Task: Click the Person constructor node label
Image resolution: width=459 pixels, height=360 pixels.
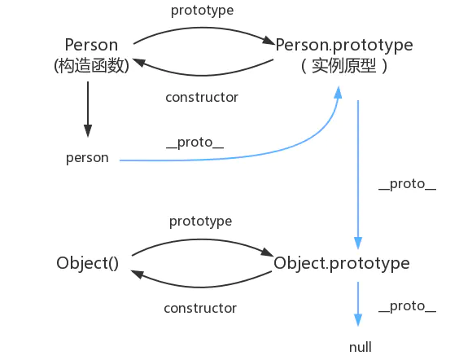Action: (91, 44)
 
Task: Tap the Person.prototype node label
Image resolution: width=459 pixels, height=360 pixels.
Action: (344, 44)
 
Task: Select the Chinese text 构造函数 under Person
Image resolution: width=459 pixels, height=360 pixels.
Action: (91, 66)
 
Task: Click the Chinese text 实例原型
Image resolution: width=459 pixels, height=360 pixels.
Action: (343, 66)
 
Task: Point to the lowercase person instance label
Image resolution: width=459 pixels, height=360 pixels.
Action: (87, 158)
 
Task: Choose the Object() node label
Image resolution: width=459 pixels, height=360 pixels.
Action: (88, 263)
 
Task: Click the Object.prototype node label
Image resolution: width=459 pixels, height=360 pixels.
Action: (342, 263)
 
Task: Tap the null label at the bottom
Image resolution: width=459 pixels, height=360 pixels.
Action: (361, 347)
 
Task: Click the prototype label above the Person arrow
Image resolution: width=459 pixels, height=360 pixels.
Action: (201, 11)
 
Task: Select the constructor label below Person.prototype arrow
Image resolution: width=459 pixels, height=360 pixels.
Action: (202, 97)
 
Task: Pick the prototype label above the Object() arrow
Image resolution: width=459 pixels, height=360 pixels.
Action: (201, 221)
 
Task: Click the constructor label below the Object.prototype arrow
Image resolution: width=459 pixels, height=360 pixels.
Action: (200, 308)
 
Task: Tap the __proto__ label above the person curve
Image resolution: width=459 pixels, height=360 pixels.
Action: (195, 143)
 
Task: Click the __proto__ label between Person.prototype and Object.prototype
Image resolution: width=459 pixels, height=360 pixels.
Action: (407, 184)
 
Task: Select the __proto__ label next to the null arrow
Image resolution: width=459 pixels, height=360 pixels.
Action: (407, 306)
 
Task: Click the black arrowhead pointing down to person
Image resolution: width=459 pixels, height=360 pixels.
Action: (88, 131)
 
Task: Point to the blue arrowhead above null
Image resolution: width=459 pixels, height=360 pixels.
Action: (357, 320)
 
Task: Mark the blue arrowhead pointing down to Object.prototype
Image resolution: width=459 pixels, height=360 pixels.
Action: (357, 243)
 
